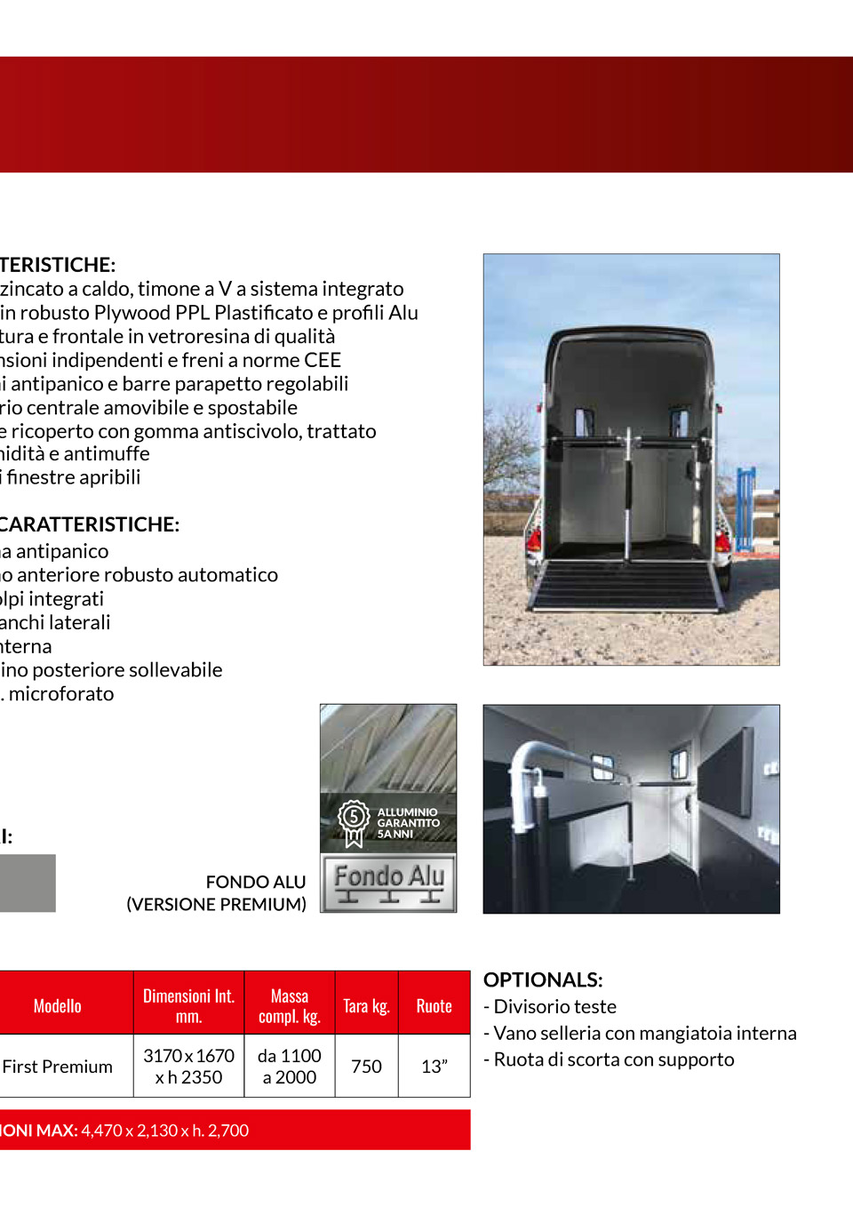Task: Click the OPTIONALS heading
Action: tap(543, 979)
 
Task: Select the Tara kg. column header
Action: tap(366, 1005)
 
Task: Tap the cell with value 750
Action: tap(366, 1066)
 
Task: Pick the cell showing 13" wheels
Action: tap(434, 1066)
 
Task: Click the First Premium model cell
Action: tap(58, 1066)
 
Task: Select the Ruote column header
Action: tap(434, 1005)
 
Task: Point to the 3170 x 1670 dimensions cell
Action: tap(188, 1066)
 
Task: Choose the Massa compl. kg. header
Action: tap(289, 1005)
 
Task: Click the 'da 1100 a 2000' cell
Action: tap(289, 1066)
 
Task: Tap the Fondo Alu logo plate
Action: tap(388, 883)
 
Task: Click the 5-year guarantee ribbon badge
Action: tap(354, 821)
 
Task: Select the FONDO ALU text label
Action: tap(255, 882)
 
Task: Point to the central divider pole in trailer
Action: tap(628, 498)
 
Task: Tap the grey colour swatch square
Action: tap(27, 883)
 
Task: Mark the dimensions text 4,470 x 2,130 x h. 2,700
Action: tap(164, 1130)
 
